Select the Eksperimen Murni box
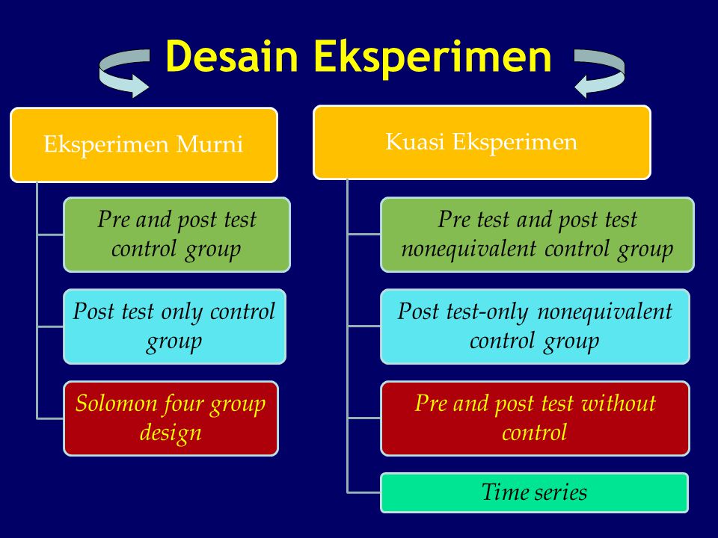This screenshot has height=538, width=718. [x=144, y=144]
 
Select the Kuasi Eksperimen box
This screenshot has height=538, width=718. [x=482, y=142]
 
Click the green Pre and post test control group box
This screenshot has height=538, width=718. [x=177, y=234]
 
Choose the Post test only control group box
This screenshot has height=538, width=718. [x=174, y=327]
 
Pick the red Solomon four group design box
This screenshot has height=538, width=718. [x=171, y=418]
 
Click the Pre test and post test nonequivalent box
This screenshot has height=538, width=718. [x=537, y=234]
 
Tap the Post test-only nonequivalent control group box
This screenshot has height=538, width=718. [x=535, y=327]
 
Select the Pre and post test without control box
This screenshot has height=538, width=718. [x=535, y=418]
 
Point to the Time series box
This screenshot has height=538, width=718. [x=534, y=492]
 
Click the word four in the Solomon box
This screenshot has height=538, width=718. [x=179, y=404]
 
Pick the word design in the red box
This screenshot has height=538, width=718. [x=171, y=433]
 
